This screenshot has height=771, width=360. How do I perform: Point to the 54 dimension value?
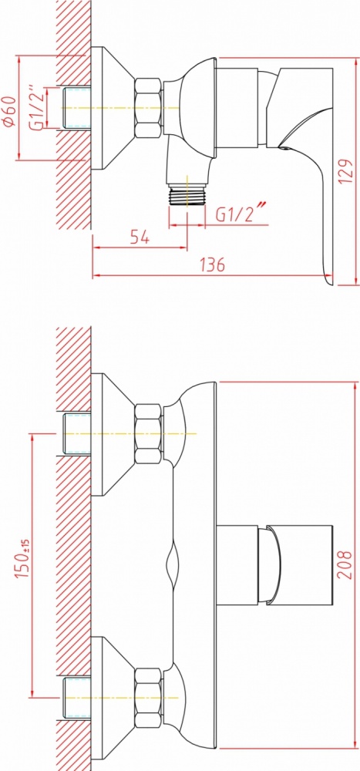pos(140,237)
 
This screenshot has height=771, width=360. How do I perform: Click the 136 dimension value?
pos(213,264)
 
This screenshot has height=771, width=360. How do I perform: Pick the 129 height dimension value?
pos(345,170)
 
